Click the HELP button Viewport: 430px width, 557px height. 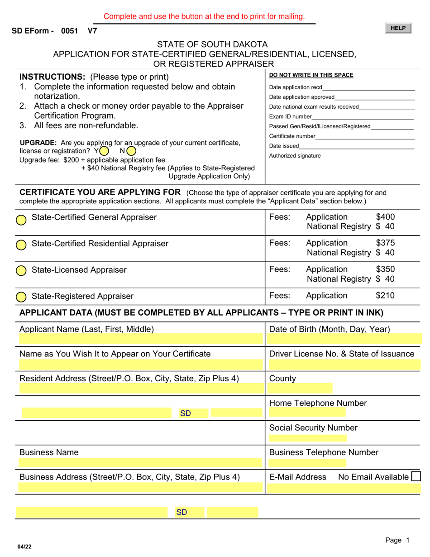[x=398, y=28]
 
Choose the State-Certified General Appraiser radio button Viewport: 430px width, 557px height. [x=21, y=220]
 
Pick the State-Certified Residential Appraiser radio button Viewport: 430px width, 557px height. [x=21, y=245]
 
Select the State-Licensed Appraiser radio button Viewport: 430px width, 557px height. [x=21, y=271]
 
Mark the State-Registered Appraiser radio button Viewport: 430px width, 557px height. [x=21, y=297]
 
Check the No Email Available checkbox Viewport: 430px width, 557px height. [x=415, y=476]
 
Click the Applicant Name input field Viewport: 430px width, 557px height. [x=140, y=339]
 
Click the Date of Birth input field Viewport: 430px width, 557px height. [x=344, y=339]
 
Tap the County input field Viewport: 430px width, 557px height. [x=300, y=388]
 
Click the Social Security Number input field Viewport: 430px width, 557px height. [x=307, y=438]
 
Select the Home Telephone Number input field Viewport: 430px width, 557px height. [x=307, y=412]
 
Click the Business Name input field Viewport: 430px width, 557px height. [x=140, y=463]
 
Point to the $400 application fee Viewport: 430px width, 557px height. [x=385, y=217]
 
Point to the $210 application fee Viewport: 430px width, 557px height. [x=385, y=296]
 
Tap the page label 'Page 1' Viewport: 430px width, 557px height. [x=397, y=540]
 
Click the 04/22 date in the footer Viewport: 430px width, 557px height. [x=25, y=547]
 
